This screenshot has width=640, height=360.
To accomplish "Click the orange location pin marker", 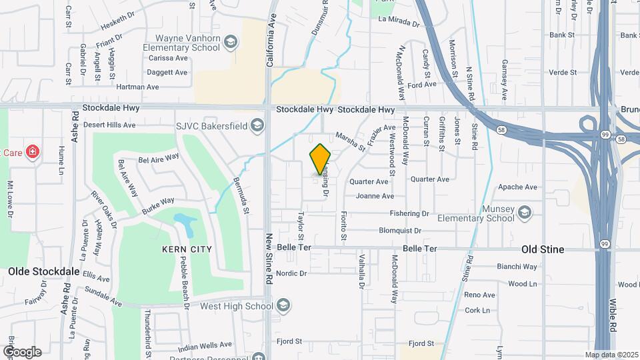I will click(321, 159).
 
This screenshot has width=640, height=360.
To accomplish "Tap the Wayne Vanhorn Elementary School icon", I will click(231, 43).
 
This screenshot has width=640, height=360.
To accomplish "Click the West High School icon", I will click(283, 306).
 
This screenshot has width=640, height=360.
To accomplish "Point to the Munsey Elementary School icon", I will click(524, 213).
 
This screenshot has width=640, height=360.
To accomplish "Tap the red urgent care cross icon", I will click(32, 151).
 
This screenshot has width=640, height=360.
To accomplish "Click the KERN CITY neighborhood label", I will click(187, 249).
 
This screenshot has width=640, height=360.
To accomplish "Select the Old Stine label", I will click(542, 249).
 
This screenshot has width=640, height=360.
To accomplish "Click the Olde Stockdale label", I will click(44, 272).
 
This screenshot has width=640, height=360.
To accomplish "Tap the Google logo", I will click(21, 351).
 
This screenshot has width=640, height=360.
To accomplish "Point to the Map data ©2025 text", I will click(611, 355).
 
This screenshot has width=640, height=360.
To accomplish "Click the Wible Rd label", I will click(613, 315).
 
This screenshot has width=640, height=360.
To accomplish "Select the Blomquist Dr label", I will click(400, 231).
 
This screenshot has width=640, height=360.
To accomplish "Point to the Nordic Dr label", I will click(291, 273).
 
